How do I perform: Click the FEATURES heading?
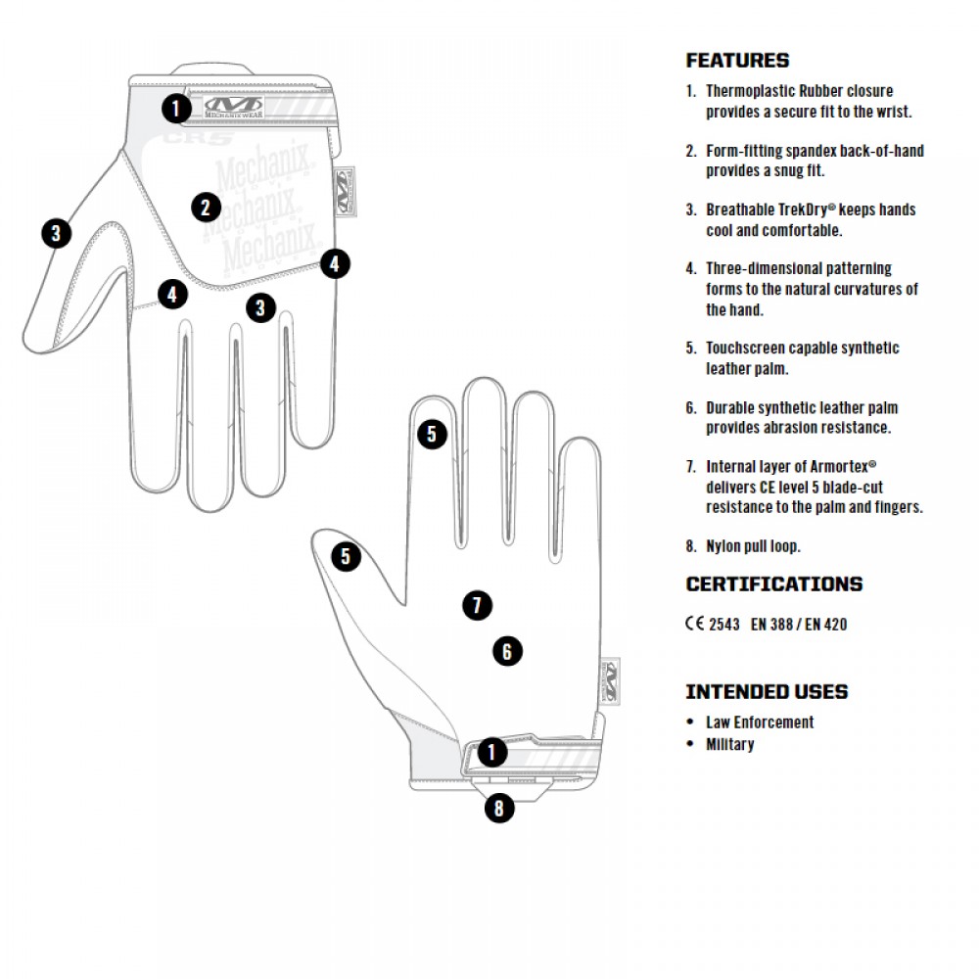(x=737, y=61)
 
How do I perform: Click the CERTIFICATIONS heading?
(x=773, y=584)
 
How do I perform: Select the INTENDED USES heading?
(x=767, y=692)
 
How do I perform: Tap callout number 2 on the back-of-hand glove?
(x=206, y=208)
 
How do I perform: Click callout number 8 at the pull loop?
(x=499, y=809)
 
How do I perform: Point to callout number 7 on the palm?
(x=477, y=606)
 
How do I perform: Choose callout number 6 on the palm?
(x=507, y=651)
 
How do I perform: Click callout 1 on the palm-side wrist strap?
(x=491, y=753)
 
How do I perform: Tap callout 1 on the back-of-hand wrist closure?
(x=176, y=108)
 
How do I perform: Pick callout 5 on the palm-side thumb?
(x=346, y=557)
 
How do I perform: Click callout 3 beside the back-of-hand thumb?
(x=57, y=233)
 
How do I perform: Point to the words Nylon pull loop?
(x=753, y=546)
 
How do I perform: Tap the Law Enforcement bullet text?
(x=760, y=723)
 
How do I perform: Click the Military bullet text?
(x=730, y=744)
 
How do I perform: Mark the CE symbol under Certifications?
(x=694, y=624)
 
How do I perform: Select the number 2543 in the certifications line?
(x=723, y=624)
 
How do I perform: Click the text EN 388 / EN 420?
(x=798, y=624)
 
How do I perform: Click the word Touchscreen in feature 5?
(x=747, y=348)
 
